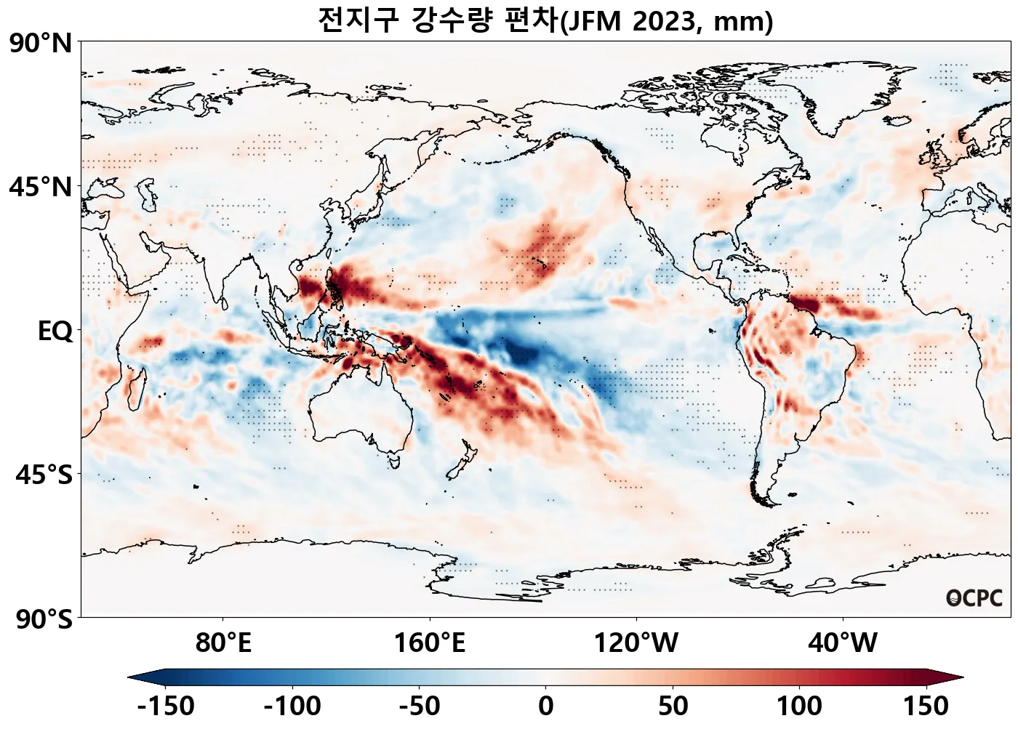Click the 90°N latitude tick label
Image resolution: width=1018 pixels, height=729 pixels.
coord(41,43)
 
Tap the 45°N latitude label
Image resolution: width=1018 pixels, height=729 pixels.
coord(41,187)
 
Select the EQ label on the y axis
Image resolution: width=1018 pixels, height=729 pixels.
coord(55,331)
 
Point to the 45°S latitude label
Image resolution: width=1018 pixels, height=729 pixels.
coord(44,475)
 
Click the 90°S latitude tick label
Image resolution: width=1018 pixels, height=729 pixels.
coord(44,619)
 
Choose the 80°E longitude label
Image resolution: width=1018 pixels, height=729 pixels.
coord(223,643)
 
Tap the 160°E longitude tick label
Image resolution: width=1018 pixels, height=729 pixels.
coord(429,643)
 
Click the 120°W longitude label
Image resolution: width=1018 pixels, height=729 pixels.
coord(636,643)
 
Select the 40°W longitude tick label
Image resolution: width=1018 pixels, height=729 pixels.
coord(843,643)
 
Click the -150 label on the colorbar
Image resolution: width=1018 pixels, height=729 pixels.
coord(166,706)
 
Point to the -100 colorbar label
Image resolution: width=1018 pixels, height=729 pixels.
coord(292,706)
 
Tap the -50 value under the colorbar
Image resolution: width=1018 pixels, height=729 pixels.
coord(420,706)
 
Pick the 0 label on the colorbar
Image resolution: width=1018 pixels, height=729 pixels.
coord(546,706)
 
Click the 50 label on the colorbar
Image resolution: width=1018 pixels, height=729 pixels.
coord(673,706)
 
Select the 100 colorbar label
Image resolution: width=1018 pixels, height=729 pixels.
coord(800,706)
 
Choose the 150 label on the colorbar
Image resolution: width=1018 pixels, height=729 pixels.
coord(926,706)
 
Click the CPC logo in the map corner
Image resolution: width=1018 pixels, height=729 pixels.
coord(974,598)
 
